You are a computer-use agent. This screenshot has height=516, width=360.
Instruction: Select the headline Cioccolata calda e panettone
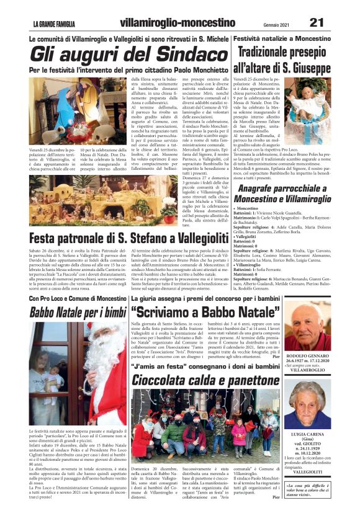click(x=206, y=378)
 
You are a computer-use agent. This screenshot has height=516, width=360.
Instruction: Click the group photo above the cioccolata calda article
click(x=205, y=425)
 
